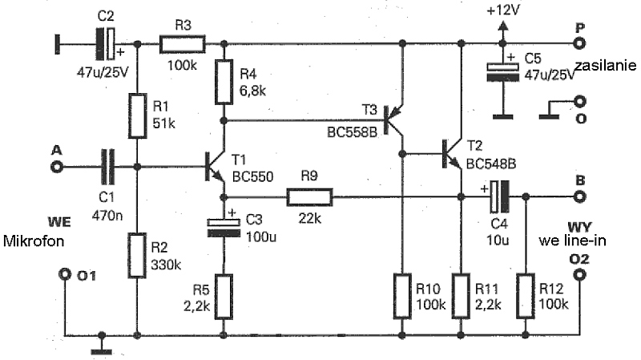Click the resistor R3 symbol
[183, 44]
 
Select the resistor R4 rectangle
[224, 82]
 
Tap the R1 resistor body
[137, 115]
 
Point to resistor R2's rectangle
[137, 256]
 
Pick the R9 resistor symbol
[309, 197]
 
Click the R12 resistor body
[526, 296]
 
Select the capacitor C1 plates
[108, 167]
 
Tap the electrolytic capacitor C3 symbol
[224, 229]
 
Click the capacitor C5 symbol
[503, 72]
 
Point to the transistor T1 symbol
[216, 167]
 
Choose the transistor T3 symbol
[394, 121]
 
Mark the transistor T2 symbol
[453, 154]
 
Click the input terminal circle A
[56, 167]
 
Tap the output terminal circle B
[579, 196]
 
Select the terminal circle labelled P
[579, 43]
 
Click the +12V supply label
[503, 10]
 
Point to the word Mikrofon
[34, 241]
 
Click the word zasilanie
[606, 66]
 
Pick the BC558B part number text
[352, 132]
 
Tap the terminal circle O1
[65, 274]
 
